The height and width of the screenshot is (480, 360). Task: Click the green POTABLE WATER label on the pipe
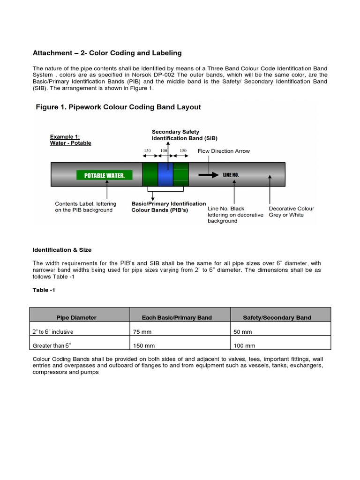tap(105, 175)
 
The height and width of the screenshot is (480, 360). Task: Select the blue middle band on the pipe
tap(165, 175)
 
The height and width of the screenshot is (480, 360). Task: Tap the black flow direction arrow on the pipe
tap(208, 175)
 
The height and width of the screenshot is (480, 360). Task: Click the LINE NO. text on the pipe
tap(231, 175)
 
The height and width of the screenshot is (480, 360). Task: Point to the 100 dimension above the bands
tap(165, 150)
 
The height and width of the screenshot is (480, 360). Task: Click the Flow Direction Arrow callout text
tap(224, 151)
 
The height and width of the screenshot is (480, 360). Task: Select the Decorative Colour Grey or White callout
tap(291, 212)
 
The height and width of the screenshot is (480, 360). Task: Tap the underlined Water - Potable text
tap(70, 143)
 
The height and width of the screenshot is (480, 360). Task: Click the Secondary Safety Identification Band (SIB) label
tap(184, 135)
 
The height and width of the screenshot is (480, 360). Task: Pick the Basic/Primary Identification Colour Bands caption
tap(168, 207)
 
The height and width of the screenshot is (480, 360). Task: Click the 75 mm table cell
tap(141, 332)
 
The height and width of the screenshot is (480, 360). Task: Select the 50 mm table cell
tap(242, 332)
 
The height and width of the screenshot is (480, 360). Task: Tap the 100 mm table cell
tap(244, 345)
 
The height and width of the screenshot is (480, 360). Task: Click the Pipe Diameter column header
tap(76, 317)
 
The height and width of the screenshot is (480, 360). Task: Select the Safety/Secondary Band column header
tap(277, 317)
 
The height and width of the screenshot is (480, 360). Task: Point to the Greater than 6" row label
tap(52, 345)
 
